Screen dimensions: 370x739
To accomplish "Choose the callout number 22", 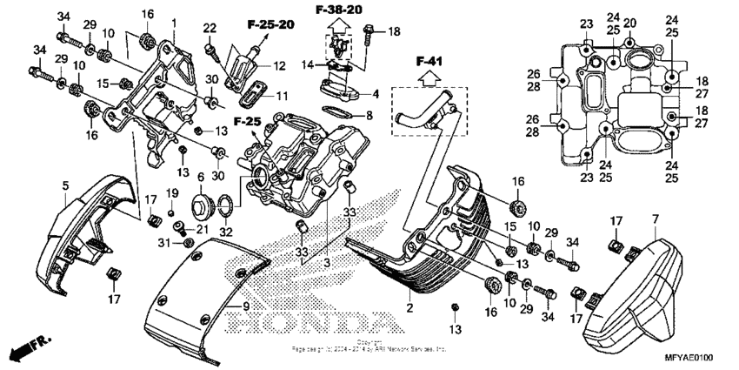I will [x=210, y=29].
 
